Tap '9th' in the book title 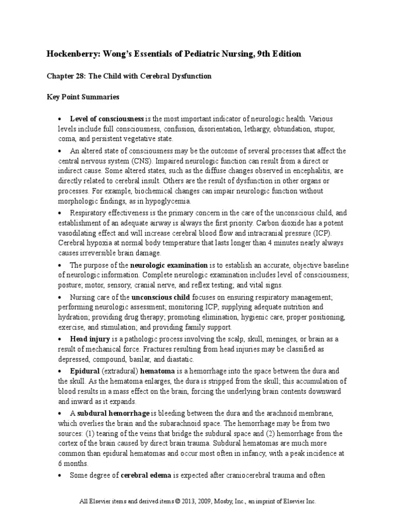(261, 54)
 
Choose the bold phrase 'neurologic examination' (169, 264)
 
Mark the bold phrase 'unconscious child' (161, 298)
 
